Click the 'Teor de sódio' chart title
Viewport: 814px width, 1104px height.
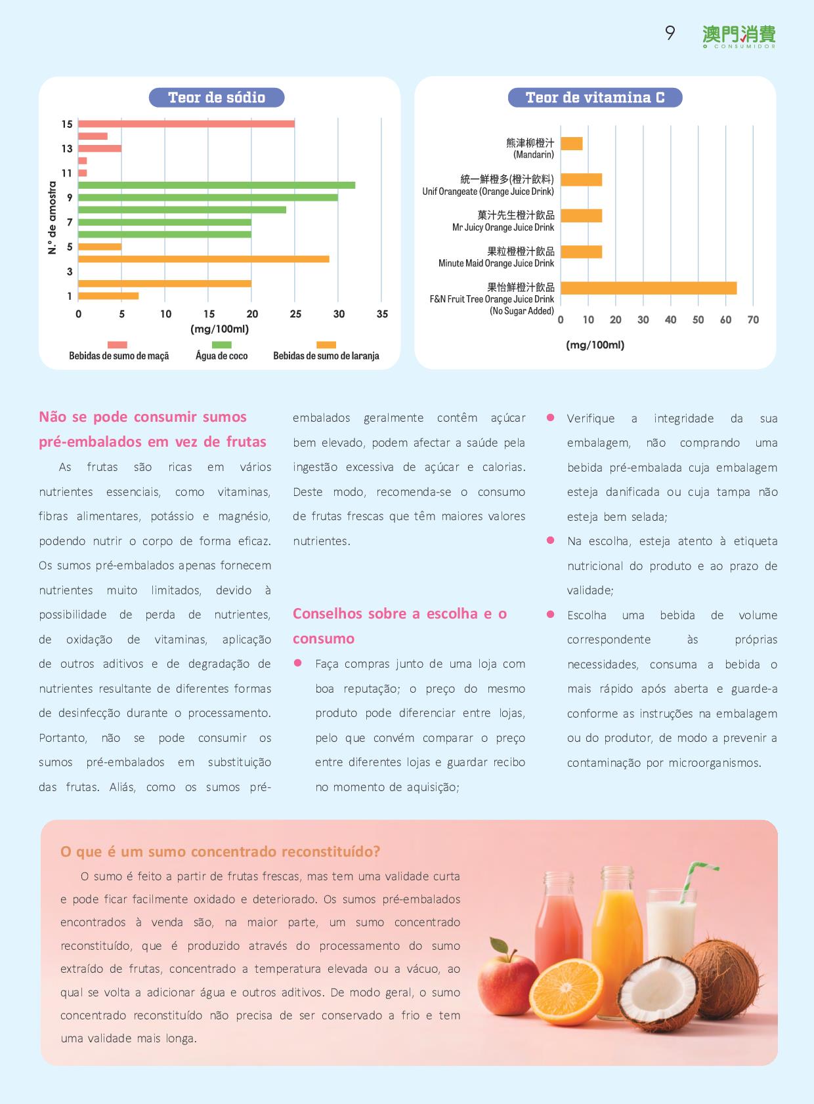[217, 98]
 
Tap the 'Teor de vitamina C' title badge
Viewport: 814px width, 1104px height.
[595, 98]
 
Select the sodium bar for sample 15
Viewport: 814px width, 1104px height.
[186, 123]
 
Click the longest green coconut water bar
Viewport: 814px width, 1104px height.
[217, 185]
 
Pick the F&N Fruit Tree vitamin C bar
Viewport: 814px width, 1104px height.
[649, 288]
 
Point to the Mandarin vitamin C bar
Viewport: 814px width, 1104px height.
[572, 144]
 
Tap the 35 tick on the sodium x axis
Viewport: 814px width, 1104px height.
[382, 314]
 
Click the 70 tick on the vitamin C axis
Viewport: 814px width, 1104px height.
[753, 320]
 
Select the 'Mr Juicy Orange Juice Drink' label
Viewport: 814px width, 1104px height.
[503, 228]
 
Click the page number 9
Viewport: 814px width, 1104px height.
[670, 33]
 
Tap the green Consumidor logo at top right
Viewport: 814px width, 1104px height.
[739, 36]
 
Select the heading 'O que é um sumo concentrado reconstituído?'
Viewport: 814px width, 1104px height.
[221, 851]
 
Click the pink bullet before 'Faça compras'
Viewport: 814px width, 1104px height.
[297, 663]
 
